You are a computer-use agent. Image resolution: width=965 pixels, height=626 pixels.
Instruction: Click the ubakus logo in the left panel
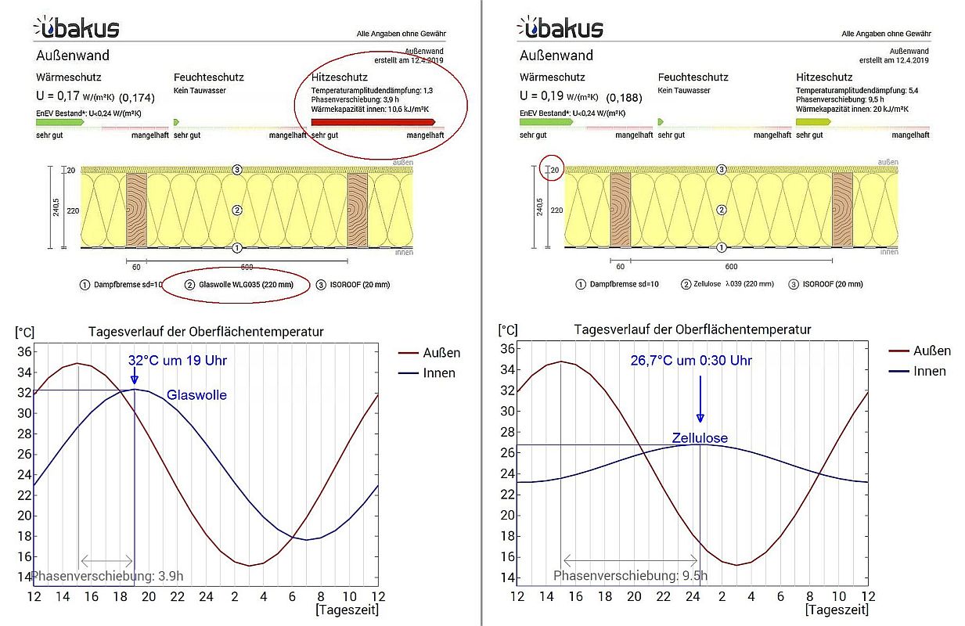pos(77,27)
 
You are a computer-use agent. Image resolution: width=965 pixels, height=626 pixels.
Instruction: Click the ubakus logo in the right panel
pos(560,27)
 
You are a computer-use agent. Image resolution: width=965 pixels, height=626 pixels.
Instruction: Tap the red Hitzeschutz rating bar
pos(373,122)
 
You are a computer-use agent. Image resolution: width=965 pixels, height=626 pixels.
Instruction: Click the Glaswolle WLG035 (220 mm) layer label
pos(241,285)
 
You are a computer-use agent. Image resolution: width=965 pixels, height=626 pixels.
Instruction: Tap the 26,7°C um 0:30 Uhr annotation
pos(691,361)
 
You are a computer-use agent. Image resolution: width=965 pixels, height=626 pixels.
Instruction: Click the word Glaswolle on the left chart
pos(196,395)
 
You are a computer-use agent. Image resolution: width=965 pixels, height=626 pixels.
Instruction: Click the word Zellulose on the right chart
pos(700,438)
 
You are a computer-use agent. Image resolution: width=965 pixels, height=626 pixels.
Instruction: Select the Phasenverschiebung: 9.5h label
pos(630,576)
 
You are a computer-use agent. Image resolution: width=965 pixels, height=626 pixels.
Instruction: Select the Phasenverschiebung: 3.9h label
pos(107,577)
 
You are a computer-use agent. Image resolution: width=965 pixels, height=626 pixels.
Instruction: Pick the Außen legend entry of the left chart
pos(441,353)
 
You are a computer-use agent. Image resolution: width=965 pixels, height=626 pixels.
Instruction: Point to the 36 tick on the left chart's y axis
pos(23,351)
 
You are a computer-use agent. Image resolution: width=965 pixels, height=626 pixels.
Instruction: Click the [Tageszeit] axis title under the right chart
pos(836,609)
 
